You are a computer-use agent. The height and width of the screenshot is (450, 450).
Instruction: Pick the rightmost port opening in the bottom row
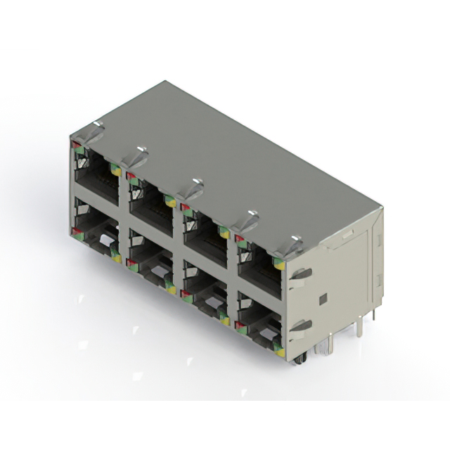coord(259,325)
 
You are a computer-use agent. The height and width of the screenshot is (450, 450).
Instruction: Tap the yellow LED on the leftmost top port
coord(117,171)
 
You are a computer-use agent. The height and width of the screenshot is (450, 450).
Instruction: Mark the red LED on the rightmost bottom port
coord(239,324)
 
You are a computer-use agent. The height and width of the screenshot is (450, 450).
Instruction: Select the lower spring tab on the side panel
coord(300,326)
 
